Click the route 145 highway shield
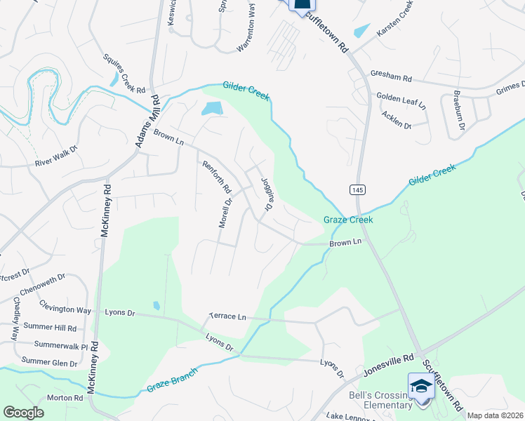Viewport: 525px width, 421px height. pos(357,191)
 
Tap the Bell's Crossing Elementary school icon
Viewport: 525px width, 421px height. pos(421,387)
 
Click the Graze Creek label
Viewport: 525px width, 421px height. pos(347,220)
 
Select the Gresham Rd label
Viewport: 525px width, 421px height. pos(392,79)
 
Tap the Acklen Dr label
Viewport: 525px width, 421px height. pos(397,119)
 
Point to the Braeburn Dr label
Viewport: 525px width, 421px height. pos(457,112)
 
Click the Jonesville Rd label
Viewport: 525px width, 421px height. pos(388,359)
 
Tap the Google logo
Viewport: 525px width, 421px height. pos(23,413)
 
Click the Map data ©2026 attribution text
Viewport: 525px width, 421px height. pos(495,415)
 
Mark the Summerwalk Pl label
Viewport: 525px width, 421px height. pos(55,346)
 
